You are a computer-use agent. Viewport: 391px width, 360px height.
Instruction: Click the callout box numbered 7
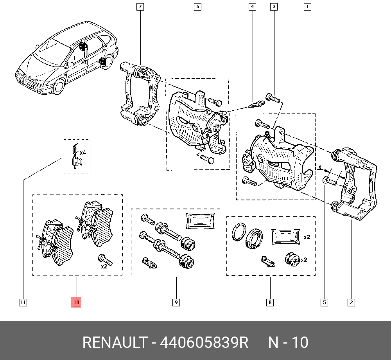click(x=140, y=7)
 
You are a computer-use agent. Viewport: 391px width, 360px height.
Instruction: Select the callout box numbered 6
click(x=197, y=7)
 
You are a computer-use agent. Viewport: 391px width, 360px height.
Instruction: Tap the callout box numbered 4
click(x=253, y=7)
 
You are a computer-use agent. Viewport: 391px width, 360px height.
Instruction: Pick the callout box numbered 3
click(x=274, y=7)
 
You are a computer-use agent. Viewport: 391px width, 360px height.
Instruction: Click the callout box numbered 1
click(x=308, y=7)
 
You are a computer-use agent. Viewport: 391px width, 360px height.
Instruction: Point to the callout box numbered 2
click(x=351, y=302)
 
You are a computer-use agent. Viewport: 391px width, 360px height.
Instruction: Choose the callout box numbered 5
click(x=325, y=302)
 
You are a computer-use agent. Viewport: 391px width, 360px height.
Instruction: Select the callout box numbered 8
click(x=270, y=302)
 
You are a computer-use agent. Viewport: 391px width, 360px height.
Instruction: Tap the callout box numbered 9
click(x=176, y=302)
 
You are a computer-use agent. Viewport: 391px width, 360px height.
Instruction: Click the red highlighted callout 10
click(x=76, y=302)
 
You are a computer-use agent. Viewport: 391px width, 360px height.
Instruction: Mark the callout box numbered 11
click(x=23, y=302)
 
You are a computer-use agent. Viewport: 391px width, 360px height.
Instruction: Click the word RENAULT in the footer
click(x=114, y=343)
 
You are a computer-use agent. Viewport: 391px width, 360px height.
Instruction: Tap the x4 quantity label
click(x=83, y=152)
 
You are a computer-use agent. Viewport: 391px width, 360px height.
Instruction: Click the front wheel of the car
click(x=59, y=86)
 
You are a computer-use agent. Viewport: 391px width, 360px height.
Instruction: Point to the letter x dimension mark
click(x=319, y=167)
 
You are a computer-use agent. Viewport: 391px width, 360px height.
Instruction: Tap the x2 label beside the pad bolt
click(x=104, y=266)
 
